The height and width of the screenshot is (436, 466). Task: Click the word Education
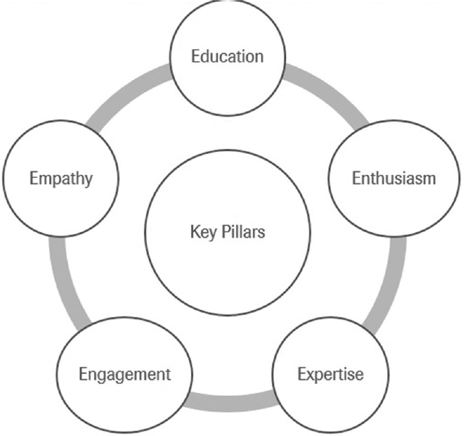227,57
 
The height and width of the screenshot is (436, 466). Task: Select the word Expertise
330,374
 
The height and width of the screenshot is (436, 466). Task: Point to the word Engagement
125,374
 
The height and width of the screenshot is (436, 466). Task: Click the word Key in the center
200,231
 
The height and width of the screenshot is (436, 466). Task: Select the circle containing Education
227,36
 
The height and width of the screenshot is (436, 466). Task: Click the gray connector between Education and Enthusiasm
328,92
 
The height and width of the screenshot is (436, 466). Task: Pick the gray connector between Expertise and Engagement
228,402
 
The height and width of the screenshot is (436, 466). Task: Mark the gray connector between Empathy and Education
127,92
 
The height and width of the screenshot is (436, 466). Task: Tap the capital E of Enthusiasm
356,178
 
